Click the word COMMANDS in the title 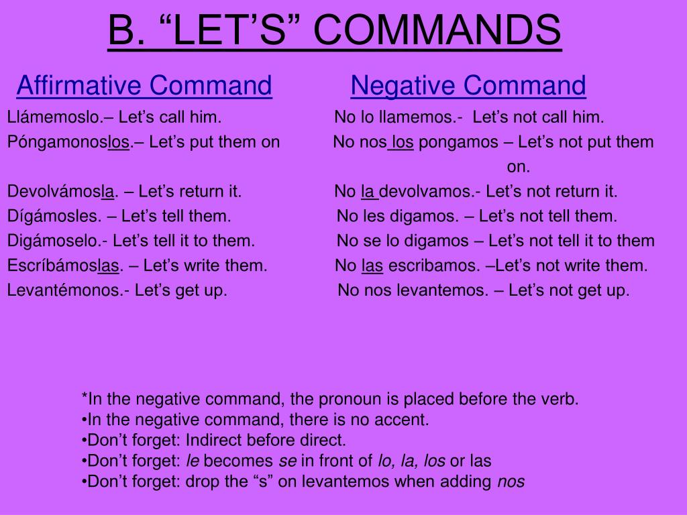click(437, 31)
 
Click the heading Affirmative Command click(144, 86)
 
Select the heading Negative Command click(468, 86)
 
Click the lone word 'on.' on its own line click(518, 167)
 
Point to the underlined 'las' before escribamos click(372, 266)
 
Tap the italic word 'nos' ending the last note click(511, 481)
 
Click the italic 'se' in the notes click(287, 461)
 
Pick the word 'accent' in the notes click(405, 420)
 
